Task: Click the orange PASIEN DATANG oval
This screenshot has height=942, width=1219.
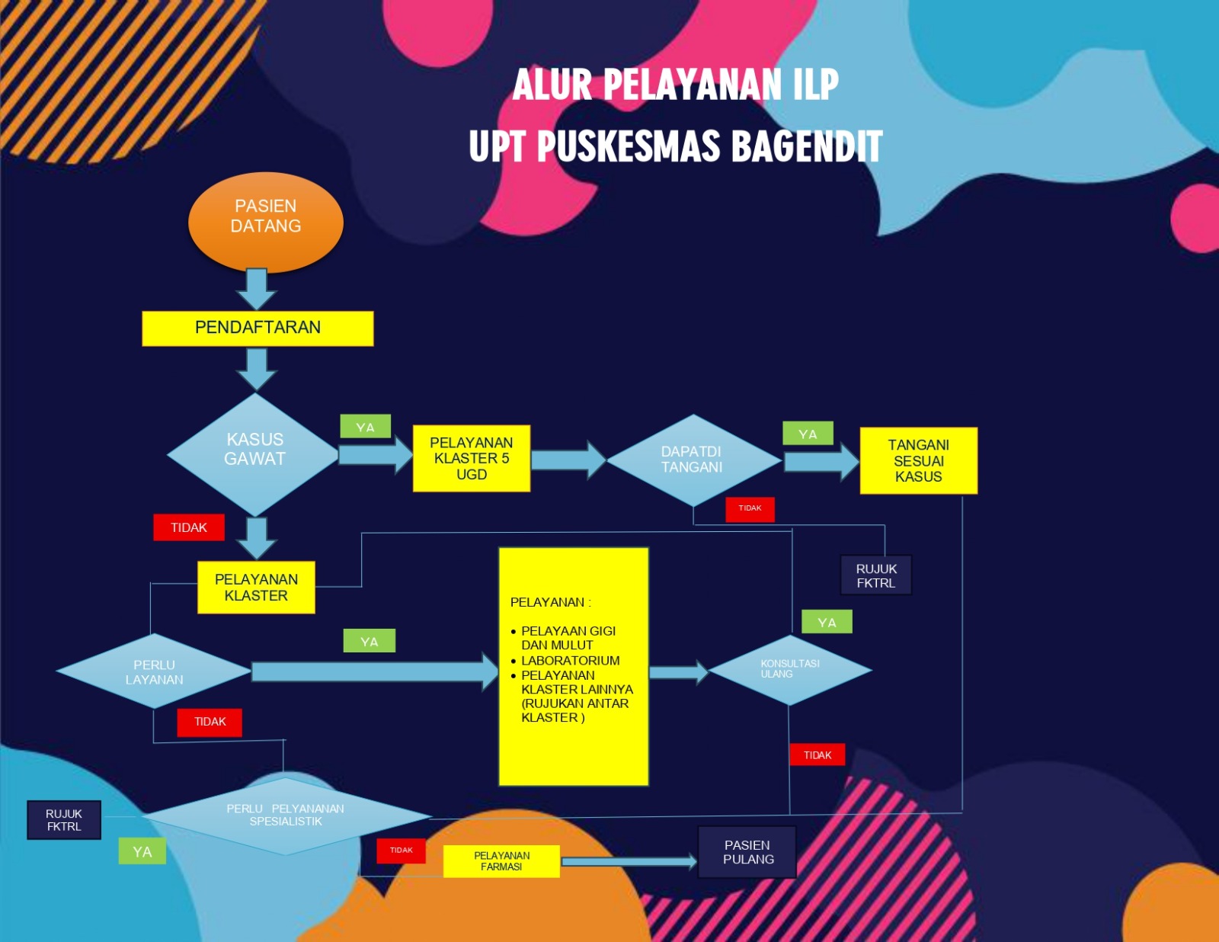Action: [x=265, y=223]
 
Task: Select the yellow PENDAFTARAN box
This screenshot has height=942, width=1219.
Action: [x=258, y=328]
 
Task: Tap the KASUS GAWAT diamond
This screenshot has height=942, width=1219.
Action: [x=253, y=454]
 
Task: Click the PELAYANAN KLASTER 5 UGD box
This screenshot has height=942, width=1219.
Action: [x=471, y=458]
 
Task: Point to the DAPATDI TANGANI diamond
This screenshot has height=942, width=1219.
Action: [x=693, y=460]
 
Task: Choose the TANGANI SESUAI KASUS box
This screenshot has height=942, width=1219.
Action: [x=918, y=460]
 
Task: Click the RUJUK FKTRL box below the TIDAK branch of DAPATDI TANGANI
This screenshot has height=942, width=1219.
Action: [x=875, y=575]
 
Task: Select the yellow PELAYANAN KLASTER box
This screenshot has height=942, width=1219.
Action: [x=256, y=588]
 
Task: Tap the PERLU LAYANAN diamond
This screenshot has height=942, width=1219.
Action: [x=153, y=671]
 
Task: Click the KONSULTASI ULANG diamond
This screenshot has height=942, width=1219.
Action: [x=790, y=670]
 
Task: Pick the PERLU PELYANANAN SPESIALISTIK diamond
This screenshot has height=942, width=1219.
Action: [x=286, y=815]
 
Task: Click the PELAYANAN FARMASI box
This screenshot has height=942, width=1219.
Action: [x=501, y=861]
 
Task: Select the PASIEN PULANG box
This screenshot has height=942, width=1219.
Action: [x=747, y=852]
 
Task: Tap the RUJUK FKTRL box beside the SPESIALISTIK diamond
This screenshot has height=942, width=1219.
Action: [x=64, y=820]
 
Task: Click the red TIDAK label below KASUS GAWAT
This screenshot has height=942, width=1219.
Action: [x=189, y=527]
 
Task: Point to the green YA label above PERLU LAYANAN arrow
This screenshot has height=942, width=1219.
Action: [x=369, y=641]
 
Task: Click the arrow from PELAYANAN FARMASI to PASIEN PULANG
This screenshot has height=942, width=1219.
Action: [x=629, y=861]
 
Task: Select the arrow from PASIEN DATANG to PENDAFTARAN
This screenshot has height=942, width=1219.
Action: [x=256, y=289]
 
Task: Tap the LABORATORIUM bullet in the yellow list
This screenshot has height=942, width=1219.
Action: [x=570, y=660]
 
